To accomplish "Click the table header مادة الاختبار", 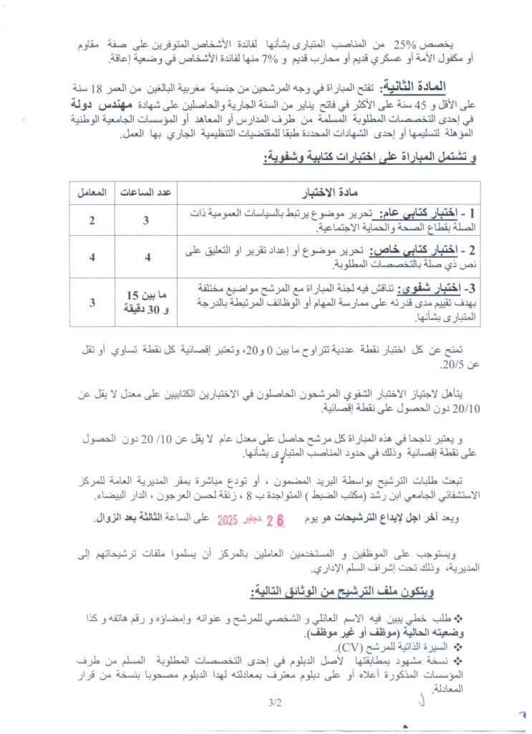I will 329,193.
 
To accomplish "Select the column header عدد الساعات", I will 147,193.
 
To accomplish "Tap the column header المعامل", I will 92,193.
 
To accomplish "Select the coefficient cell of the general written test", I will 92,220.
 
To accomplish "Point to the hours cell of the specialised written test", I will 147,257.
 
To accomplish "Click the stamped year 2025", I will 231,518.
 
